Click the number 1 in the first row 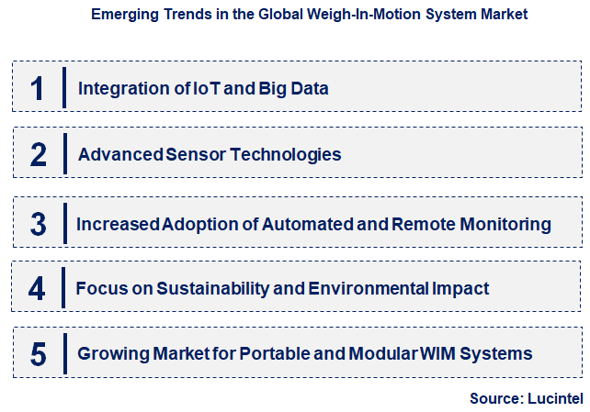pos(37,88)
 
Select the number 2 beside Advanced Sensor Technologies pos(38,154)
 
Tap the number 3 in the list pos(38,223)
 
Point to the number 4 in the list pos(37,288)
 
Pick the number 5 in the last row pos(38,353)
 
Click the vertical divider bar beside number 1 pos(64,88)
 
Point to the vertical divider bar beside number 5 pos(64,353)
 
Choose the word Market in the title pos(505,15)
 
